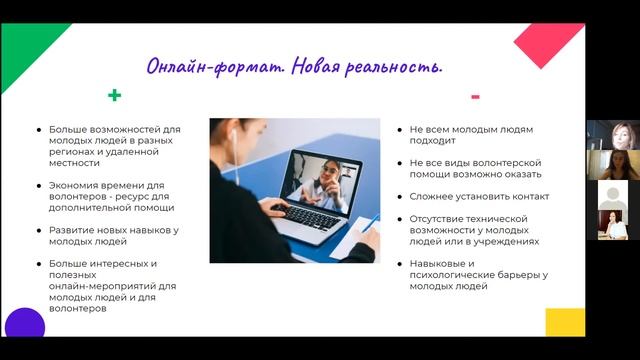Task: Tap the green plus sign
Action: coord(115,97)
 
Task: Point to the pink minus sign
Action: coord(475,97)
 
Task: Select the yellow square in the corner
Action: coord(565,321)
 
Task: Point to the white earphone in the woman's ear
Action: coord(231,133)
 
